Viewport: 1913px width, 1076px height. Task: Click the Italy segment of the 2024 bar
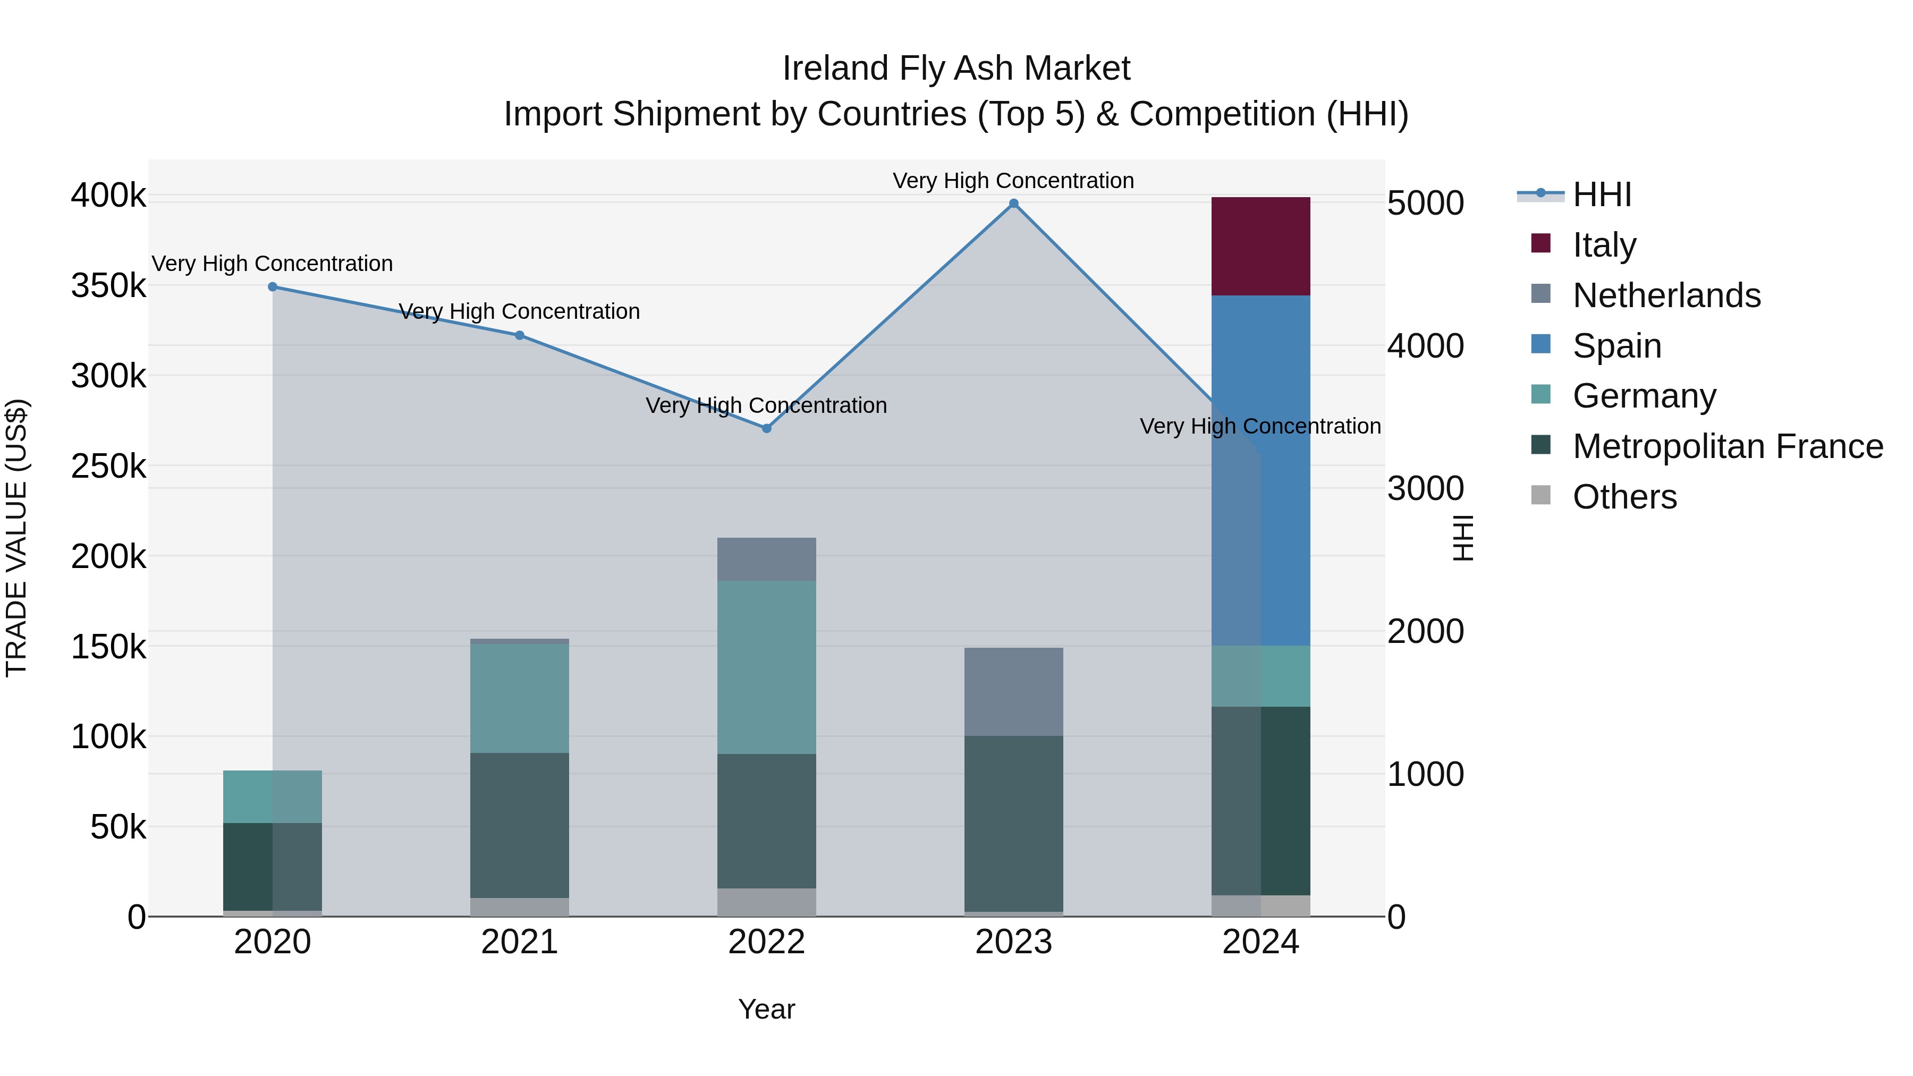click(x=1260, y=246)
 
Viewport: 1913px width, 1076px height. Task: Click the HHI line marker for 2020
click(x=273, y=286)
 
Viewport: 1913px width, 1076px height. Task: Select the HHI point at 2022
click(x=766, y=428)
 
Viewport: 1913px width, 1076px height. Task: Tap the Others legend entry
click(x=1624, y=497)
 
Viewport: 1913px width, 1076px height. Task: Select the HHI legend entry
click(x=1602, y=194)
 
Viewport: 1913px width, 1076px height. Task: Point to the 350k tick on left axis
click(x=108, y=285)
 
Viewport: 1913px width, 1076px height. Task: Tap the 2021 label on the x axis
click(x=519, y=942)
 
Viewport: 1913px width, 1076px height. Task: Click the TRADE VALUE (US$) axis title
click(x=16, y=538)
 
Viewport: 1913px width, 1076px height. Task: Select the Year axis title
click(x=766, y=1009)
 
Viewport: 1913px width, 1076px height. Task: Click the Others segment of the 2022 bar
click(x=766, y=902)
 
